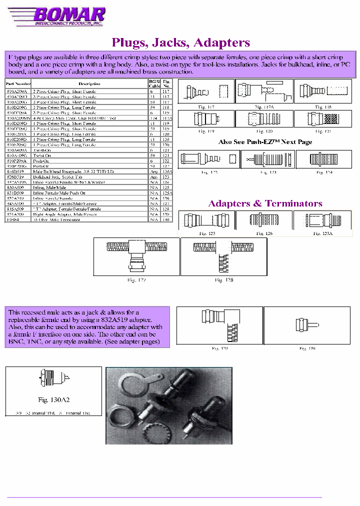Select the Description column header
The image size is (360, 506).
coord(89,83)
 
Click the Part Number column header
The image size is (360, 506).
coord(18,83)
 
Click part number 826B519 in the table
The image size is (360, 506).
coord(14,177)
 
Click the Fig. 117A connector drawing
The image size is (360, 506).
coord(263,91)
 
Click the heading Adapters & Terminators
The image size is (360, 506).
coord(265,203)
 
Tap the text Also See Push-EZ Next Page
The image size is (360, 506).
coord(265,142)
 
